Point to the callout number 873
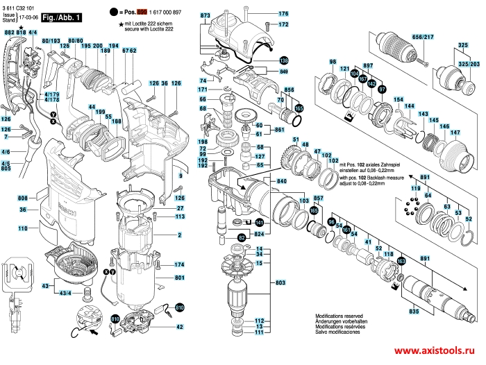tap(205, 15)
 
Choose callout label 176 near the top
tap(283, 14)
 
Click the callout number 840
tap(283, 181)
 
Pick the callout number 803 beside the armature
tap(280, 283)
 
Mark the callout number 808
tap(22, 199)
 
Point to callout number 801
tap(178, 278)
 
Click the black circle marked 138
tap(284, 61)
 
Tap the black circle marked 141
tap(259, 223)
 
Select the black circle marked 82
tap(242, 238)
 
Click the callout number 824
tap(261, 235)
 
